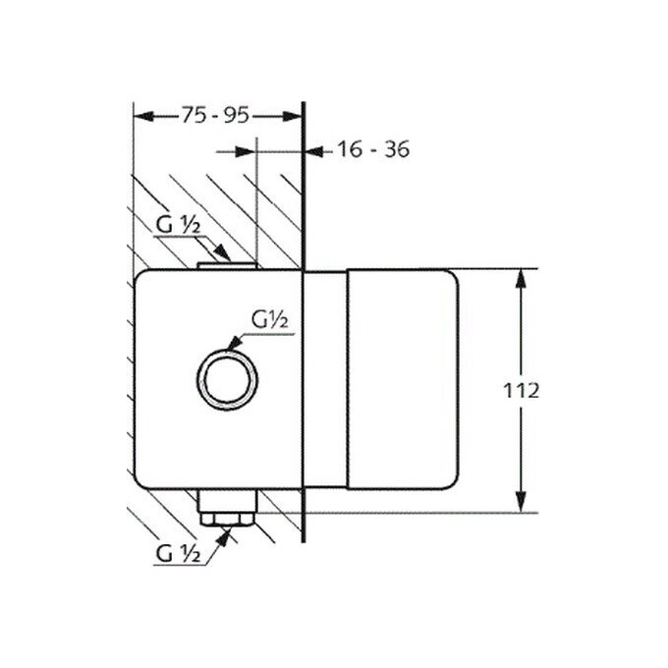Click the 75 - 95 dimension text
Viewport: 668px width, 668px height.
click(x=215, y=115)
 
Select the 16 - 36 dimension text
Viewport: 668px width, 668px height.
click(x=373, y=149)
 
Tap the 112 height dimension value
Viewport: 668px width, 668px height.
click(x=521, y=390)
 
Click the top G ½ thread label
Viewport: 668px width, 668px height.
click(x=178, y=225)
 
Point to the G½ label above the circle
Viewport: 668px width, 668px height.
click(x=270, y=319)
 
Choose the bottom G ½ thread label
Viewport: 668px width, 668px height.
click(x=178, y=554)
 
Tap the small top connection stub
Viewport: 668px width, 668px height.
click(x=228, y=266)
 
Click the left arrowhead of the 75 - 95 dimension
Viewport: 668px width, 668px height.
click(x=143, y=116)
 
